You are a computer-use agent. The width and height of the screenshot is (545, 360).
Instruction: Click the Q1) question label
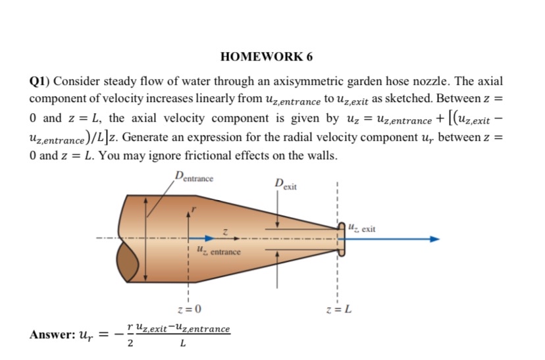point(40,82)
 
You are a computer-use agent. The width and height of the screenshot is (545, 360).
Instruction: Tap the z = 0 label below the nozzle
point(190,308)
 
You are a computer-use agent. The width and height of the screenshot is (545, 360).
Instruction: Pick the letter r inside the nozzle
point(193,209)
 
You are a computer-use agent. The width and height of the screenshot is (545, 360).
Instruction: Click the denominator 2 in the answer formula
point(130,344)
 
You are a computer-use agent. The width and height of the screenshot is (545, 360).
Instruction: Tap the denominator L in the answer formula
point(182,344)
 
